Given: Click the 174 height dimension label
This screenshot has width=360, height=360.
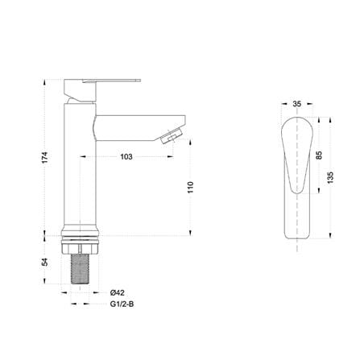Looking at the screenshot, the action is (45, 158).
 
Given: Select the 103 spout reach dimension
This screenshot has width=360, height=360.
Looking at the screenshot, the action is (126, 157).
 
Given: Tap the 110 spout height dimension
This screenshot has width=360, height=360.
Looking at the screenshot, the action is (190, 188).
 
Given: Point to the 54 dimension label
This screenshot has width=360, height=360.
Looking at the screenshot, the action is (45, 262).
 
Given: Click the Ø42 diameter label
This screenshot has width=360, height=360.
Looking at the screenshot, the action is (118, 292).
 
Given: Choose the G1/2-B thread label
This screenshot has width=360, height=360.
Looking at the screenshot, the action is (122, 304).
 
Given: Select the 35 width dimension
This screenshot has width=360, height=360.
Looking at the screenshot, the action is (297, 104).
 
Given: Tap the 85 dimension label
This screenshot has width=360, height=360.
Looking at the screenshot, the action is (319, 155).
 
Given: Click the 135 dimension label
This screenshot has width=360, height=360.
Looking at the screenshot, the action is (330, 177).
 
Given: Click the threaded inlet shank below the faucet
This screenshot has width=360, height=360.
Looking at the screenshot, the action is (80, 269).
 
